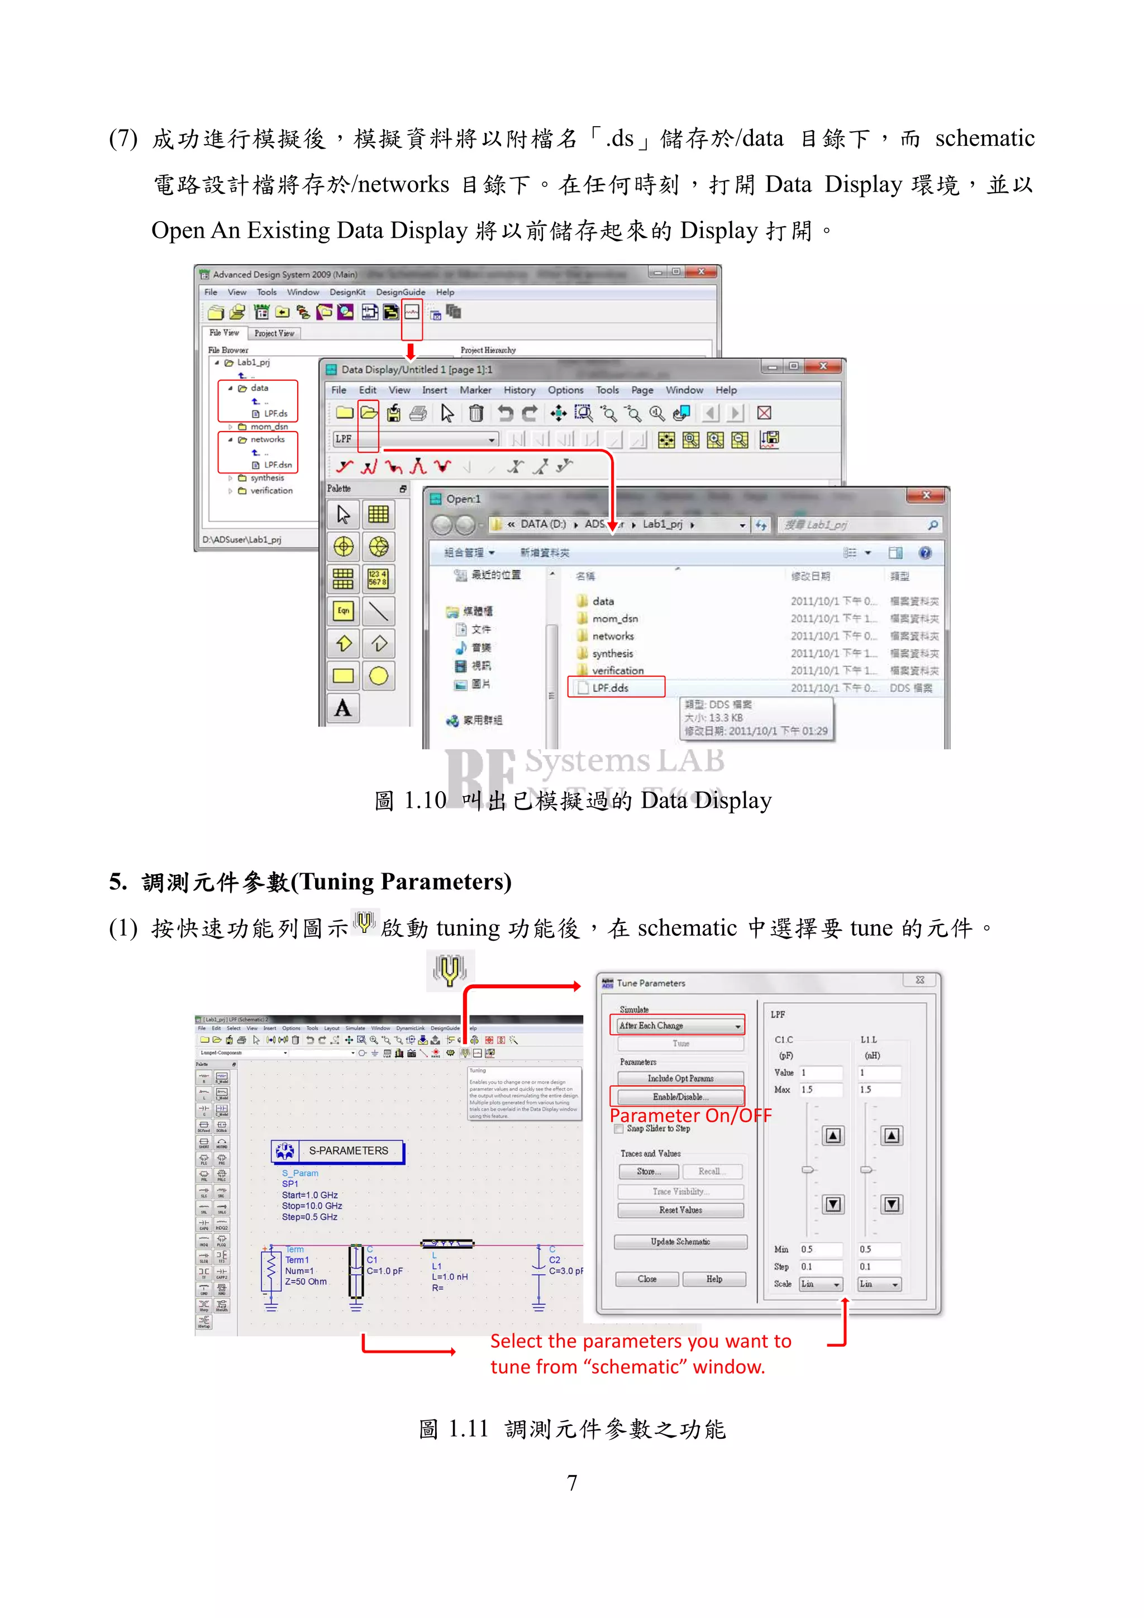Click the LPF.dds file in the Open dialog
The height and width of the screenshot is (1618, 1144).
click(610, 688)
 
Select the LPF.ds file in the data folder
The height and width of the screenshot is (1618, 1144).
click(275, 414)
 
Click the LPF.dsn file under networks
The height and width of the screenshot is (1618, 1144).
click(277, 465)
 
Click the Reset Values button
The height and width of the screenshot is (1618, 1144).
click(680, 1210)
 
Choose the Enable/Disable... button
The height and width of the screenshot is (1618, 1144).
click(680, 1097)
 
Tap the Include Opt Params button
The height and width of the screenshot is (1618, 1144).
click(680, 1078)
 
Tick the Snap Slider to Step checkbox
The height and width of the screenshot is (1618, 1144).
click(619, 1129)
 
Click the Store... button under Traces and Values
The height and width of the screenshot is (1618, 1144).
click(649, 1171)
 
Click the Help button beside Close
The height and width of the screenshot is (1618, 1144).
click(714, 1279)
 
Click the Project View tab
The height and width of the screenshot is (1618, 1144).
click(274, 333)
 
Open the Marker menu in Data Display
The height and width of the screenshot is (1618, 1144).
click(475, 390)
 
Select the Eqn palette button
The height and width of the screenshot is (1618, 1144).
click(344, 610)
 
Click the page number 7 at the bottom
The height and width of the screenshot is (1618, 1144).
click(571, 1483)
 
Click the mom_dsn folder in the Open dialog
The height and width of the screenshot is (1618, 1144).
click(614, 619)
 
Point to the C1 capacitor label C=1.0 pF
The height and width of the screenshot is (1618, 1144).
click(385, 1271)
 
